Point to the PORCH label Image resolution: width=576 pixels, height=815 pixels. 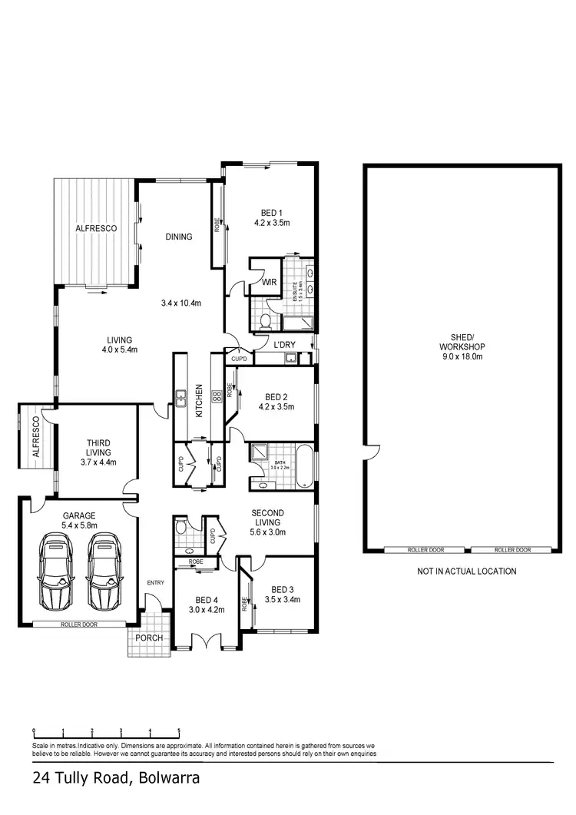click(x=147, y=638)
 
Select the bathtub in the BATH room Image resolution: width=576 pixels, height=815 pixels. click(x=304, y=465)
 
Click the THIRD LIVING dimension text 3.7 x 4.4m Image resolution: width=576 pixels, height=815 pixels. click(x=98, y=462)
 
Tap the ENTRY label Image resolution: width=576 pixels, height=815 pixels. click(x=155, y=583)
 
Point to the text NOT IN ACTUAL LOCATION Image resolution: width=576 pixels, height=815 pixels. click(x=466, y=571)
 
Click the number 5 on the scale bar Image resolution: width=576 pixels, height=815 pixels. click(x=179, y=731)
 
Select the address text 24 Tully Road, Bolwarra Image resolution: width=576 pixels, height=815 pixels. click(x=116, y=777)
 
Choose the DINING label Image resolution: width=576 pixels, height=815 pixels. click(x=178, y=237)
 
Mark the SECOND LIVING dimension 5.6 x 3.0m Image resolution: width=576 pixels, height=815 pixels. click(x=267, y=532)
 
